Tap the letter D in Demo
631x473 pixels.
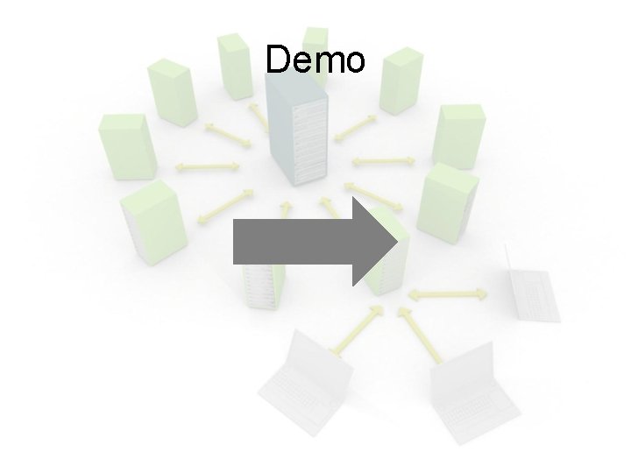(x=278, y=60)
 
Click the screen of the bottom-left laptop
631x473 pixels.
(x=311, y=368)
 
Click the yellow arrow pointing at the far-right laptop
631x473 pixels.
(x=447, y=293)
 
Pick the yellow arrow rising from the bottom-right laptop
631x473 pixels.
(x=419, y=334)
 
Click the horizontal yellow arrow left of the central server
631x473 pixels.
(x=208, y=165)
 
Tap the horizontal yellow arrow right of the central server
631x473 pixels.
(x=383, y=161)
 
